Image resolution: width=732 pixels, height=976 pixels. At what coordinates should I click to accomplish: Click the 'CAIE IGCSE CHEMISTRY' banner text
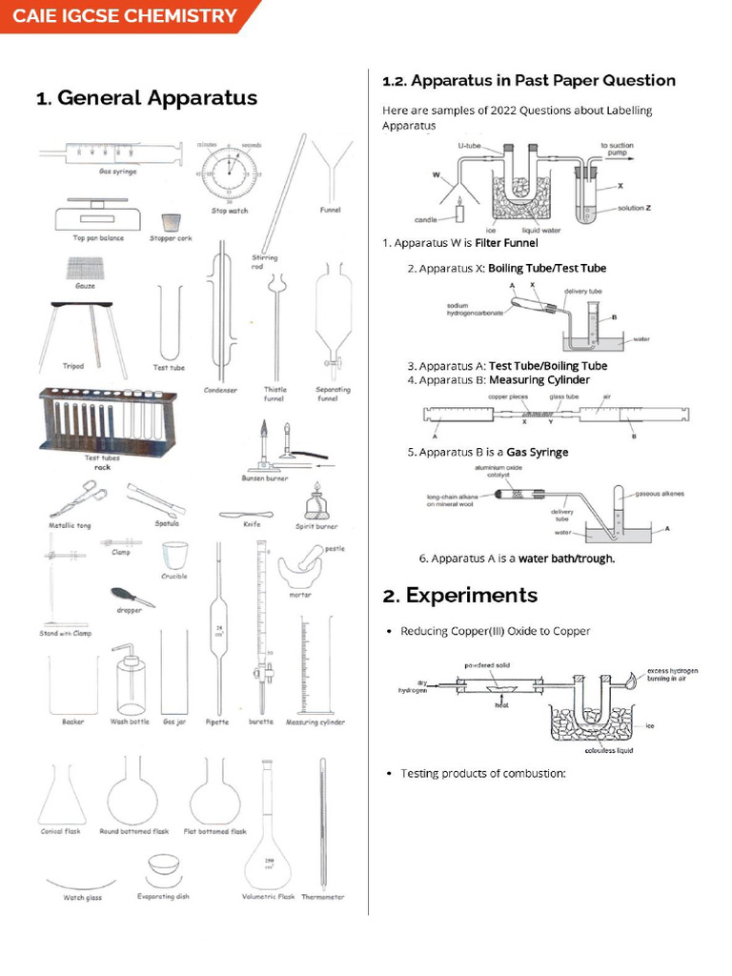125,16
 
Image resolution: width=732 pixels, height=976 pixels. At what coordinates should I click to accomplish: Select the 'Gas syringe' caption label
117,172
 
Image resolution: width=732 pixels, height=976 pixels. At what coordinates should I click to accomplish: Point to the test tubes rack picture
101,418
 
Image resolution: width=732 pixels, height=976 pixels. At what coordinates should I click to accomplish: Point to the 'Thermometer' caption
322,897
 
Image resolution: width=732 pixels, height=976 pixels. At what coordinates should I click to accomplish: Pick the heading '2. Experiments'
459,596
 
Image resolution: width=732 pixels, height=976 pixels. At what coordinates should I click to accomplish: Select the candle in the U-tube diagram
460,210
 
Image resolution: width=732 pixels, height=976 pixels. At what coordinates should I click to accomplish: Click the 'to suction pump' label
618,150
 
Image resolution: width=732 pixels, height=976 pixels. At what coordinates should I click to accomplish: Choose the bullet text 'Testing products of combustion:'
483,773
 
